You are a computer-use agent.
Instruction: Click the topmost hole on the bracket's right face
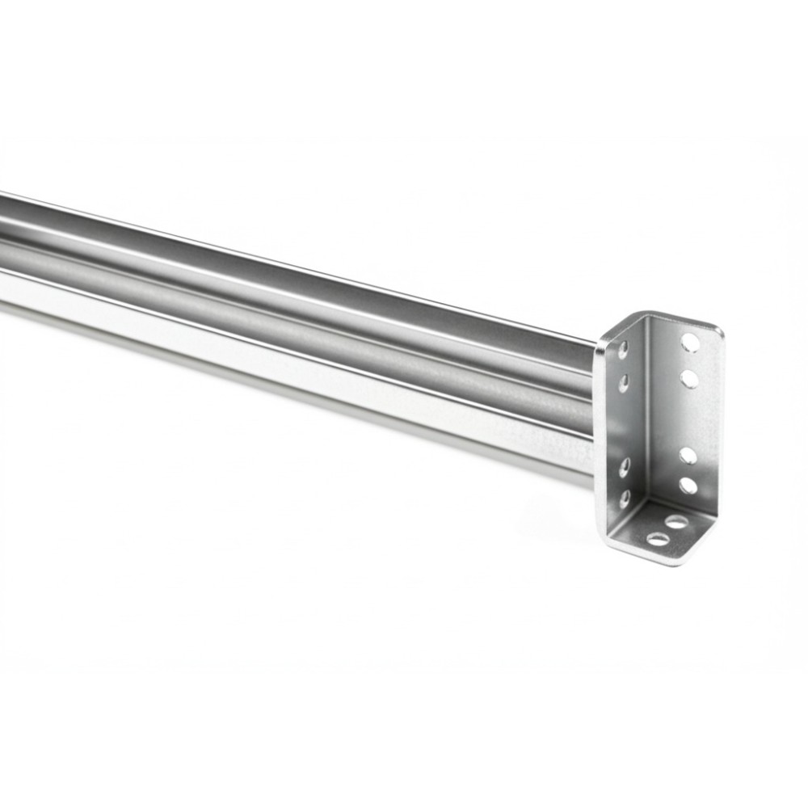689,343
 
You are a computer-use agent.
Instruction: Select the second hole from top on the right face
688,377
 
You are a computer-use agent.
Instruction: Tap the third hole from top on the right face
688,455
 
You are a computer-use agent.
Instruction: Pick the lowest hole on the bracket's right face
688,486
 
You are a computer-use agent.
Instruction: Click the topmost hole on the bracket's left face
624,350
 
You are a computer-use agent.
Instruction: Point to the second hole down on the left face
624,382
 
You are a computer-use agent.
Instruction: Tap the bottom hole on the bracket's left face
624,498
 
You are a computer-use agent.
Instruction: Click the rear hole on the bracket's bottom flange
676,522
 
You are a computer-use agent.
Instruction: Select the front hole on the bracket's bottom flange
658,539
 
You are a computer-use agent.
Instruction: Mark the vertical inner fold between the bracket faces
646,420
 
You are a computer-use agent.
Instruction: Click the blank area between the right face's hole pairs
688,416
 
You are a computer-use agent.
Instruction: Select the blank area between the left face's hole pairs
624,424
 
